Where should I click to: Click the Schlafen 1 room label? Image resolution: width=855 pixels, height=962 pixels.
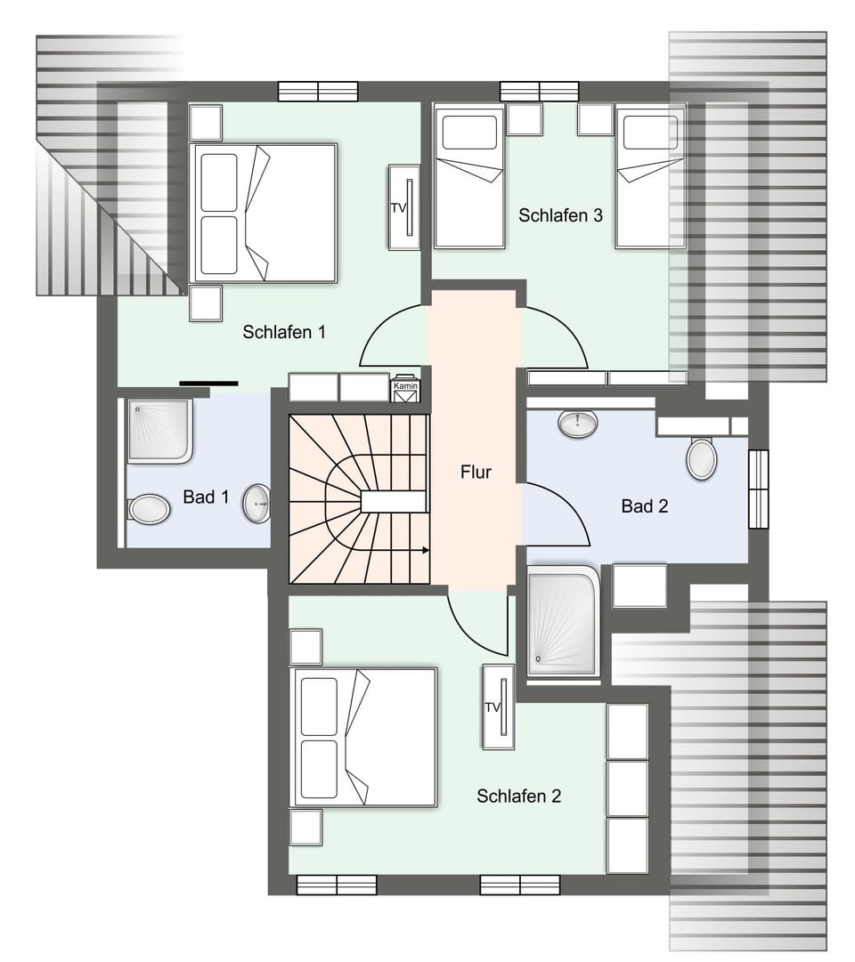(283, 332)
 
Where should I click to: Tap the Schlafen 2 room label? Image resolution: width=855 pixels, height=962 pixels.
(518, 796)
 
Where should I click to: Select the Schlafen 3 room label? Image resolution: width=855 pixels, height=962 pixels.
(561, 215)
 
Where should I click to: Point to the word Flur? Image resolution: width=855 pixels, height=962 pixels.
(476, 473)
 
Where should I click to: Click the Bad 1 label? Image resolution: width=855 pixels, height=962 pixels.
(206, 497)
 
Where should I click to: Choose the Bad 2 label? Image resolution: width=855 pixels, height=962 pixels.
(644, 506)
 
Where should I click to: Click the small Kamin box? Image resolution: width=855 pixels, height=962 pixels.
(405, 389)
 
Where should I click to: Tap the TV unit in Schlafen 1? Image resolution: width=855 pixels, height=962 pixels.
(403, 207)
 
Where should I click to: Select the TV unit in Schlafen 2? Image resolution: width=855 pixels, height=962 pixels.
(498, 707)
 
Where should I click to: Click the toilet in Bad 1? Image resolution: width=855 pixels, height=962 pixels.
(148, 509)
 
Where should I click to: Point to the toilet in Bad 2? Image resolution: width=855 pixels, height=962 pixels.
(702, 458)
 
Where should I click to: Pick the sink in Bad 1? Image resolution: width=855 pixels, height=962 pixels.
(257, 503)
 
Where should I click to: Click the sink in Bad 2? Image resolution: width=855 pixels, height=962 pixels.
(577, 424)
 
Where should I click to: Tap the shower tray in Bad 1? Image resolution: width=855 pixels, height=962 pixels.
(159, 432)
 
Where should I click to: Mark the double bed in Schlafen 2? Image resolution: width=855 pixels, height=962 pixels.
(364, 737)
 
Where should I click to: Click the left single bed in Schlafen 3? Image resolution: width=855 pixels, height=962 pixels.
(469, 176)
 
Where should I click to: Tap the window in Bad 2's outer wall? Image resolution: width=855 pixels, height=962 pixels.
(758, 489)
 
